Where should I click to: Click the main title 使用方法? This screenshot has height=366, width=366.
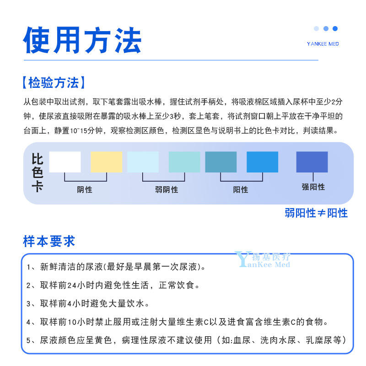[x=82, y=40]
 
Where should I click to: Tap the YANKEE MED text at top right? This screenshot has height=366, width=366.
[x=323, y=44]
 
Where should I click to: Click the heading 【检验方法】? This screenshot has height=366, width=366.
[x=54, y=83]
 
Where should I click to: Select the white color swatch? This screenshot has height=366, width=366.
[x=65, y=162]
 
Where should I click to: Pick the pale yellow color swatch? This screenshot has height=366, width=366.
[x=107, y=162]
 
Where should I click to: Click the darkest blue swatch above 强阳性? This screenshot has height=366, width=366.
[x=312, y=162]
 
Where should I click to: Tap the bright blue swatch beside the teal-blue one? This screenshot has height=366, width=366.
[x=262, y=162]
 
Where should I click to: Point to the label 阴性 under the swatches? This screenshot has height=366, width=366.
[x=85, y=189]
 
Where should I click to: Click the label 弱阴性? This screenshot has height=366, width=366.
[x=167, y=189]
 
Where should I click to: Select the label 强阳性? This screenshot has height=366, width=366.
[x=313, y=187]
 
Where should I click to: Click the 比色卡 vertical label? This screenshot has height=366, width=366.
[x=37, y=173]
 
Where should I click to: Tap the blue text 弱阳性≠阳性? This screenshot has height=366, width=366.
[x=316, y=213]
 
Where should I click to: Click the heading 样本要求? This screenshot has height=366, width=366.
[x=49, y=241]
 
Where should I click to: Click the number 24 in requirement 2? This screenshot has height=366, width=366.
[x=72, y=285]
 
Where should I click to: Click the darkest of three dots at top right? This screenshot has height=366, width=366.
[x=335, y=28]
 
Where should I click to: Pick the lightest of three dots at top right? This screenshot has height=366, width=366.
[x=316, y=28]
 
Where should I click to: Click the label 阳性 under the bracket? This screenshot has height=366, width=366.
[x=241, y=189]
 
